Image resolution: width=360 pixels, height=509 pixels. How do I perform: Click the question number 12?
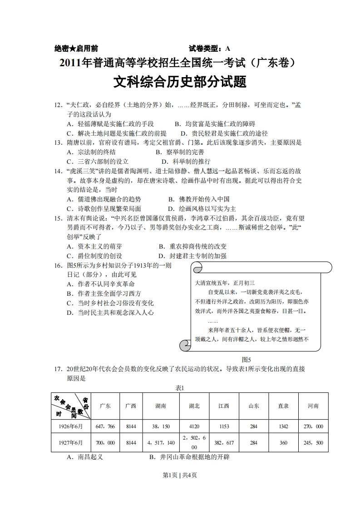pyautogui.click(x=58, y=105)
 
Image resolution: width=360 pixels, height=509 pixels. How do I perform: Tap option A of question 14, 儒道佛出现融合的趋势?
pyautogui.click(x=104, y=199)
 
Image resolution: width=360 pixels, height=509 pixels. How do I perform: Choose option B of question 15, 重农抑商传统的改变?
pyautogui.click(x=192, y=246)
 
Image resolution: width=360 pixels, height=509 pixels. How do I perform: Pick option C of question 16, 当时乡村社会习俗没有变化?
pyautogui.click(x=110, y=303)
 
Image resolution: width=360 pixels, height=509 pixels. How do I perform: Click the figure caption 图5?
pyautogui.click(x=247, y=359)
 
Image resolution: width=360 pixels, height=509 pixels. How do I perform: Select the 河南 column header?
pyautogui.click(x=313, y=406)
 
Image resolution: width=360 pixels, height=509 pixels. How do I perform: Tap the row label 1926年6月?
pyautogui.click(x=70, y=426)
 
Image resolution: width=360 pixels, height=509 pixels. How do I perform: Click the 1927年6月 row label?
pyautogui.click(x=70, y=443)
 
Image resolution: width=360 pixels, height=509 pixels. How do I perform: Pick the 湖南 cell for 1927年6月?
pyautogui.click(x=161, y=443)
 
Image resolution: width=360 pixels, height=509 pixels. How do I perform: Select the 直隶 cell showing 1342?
pyautogui.click(x=283, y=426)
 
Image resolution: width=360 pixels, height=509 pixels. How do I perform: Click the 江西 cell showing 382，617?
pyautogui.click(x=224, y=443)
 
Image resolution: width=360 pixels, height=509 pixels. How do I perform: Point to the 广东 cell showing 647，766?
pyautogui.click(x=105, y=426)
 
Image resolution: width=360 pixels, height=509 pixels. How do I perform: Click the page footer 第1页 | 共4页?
pyautogui.click(x=180, y=475)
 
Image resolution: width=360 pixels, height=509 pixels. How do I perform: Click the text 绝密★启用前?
pyautogui.click(x=76, y=49)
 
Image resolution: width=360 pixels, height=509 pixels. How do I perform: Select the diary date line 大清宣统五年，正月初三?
pyautogui.click(x=225, y=282)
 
